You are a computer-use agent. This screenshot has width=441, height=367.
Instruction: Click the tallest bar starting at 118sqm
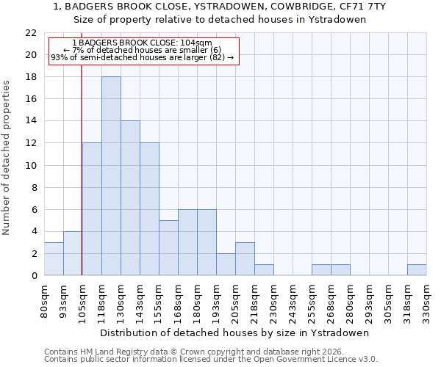pyautogui.click(x=111, y=176)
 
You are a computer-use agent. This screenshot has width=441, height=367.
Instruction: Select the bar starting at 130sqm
pyautogui.click(x=130, y=198)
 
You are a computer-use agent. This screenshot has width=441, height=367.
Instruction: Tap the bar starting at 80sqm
pyautogui.click(x=54, y=258)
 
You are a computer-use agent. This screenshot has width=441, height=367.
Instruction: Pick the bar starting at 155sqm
pyautogui.click(x=168, y=247)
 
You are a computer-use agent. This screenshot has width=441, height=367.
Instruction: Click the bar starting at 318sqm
pyautogui.click(x=417, y=269)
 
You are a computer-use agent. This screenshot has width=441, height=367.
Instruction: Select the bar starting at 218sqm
pyautogui.click(x=264, y=269)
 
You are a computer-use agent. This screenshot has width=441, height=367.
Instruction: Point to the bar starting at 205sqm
pyautogui.click(x=245, y=258)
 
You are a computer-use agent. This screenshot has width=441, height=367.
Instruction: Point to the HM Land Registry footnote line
pyautogui.click(x=198, y=352)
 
